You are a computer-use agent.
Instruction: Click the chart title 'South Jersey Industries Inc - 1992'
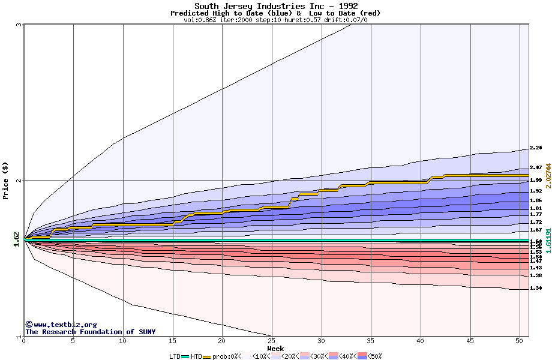click(x=276, y=6)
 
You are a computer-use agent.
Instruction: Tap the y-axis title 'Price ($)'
click(x=5, y=181)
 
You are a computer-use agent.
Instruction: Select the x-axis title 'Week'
click(x=276, y=348)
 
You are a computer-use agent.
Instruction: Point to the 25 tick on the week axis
click(x=272, y=341)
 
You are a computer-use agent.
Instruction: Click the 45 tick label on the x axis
click(x=470, y=341)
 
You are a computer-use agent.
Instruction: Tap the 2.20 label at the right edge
click(x=536, y=148)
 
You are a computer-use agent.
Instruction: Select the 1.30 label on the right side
click(x=536, y=288)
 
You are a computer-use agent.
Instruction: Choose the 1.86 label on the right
click(x=536, y=200)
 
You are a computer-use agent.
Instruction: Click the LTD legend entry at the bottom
click(x=175, y=356)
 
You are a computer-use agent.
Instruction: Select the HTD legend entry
click(x=197, y=356)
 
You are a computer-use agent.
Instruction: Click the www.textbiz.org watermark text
click(x=61, y=325)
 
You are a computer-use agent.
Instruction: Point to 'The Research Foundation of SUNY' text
click(x=90, y=332)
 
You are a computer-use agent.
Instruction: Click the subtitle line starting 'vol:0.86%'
click(x=276, y=20)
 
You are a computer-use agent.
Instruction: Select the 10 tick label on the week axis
click(x=123, y=341)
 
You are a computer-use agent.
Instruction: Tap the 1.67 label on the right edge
click(x=536, y=230)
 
